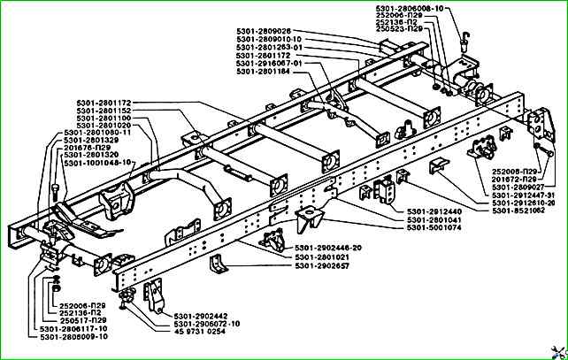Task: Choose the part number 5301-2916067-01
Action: point(271,64)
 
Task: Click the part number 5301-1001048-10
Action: point(97,163)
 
